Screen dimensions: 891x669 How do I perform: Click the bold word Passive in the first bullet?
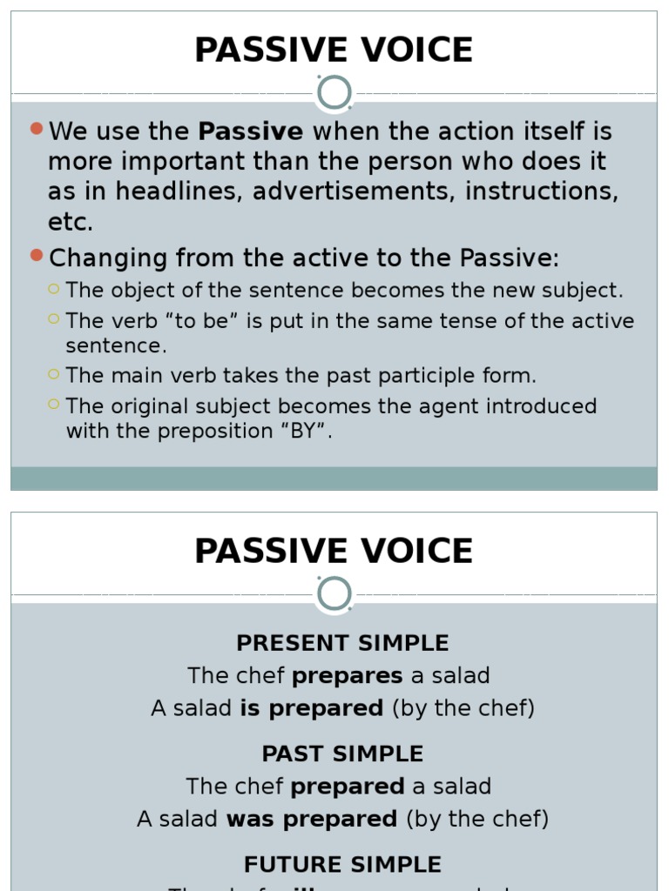(x=251, y=132)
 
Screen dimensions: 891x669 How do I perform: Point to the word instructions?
(x=542, y=191)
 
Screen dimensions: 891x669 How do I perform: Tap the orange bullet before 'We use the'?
(x=36, y=129)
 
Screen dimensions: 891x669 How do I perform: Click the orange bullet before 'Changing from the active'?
(x=36, y=255)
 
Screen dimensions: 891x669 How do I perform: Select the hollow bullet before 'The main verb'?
(x=54, y=374)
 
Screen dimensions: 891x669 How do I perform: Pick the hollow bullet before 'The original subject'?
(x=54, y=404)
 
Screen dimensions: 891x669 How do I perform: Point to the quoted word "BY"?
(x=305, y=432)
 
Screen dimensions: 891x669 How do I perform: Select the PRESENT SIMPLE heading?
(x=342, y=644)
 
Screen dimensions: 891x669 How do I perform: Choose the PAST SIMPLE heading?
(x=342, y=754)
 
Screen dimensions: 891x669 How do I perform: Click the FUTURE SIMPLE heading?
(x=342, y=865)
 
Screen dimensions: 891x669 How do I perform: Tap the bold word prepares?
(x=348, y=676)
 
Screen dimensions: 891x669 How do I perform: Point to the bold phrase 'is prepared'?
(x=312, y=708)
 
